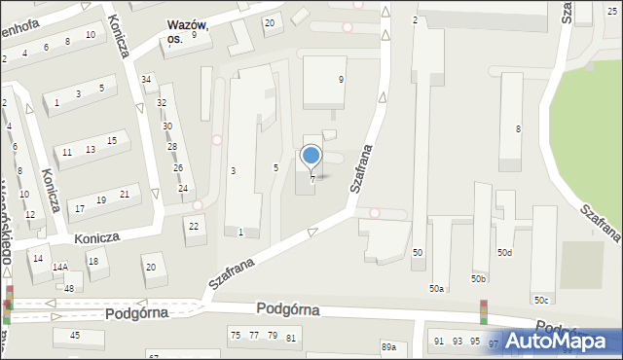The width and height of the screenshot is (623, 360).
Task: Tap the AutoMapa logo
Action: pyautogui.click(x=563, y=340)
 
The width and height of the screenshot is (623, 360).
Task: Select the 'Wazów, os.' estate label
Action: pyautogui.click(x=188, y=31)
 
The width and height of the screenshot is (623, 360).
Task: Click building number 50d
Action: pyautogui.click(x=503, y=253)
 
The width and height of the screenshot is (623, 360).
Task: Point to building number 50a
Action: pyautogui.click(x=437, y=289)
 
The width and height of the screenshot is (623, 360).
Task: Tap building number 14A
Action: pyautogui.click(x=60, y=267)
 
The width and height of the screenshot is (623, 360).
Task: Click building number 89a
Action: pyautogui.click(x=389, y=347)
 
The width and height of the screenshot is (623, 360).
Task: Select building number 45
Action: pyautogui.click(x=74, y=336)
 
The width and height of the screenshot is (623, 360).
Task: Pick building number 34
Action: pyautogui.click(x=146, y=79)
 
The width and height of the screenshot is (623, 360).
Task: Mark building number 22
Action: pyautogui.click(x=195, y=227)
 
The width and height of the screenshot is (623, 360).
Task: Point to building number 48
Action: pyautogui.click(x=69, y=289)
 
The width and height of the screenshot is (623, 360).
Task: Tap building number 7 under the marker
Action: pyautogui.click(x=312, y=179)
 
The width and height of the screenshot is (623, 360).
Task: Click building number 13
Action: pyautogui.click(x=90, y=149)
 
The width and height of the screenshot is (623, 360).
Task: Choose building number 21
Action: pyautogui.click(x=124, y=195)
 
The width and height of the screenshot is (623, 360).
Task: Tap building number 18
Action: pyautogui.click(x=92, y=262)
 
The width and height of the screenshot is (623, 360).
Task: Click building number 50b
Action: pyautogui.click(x=478, y=279)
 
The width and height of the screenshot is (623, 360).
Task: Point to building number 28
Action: pyautogui.click(x=172, y=147)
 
